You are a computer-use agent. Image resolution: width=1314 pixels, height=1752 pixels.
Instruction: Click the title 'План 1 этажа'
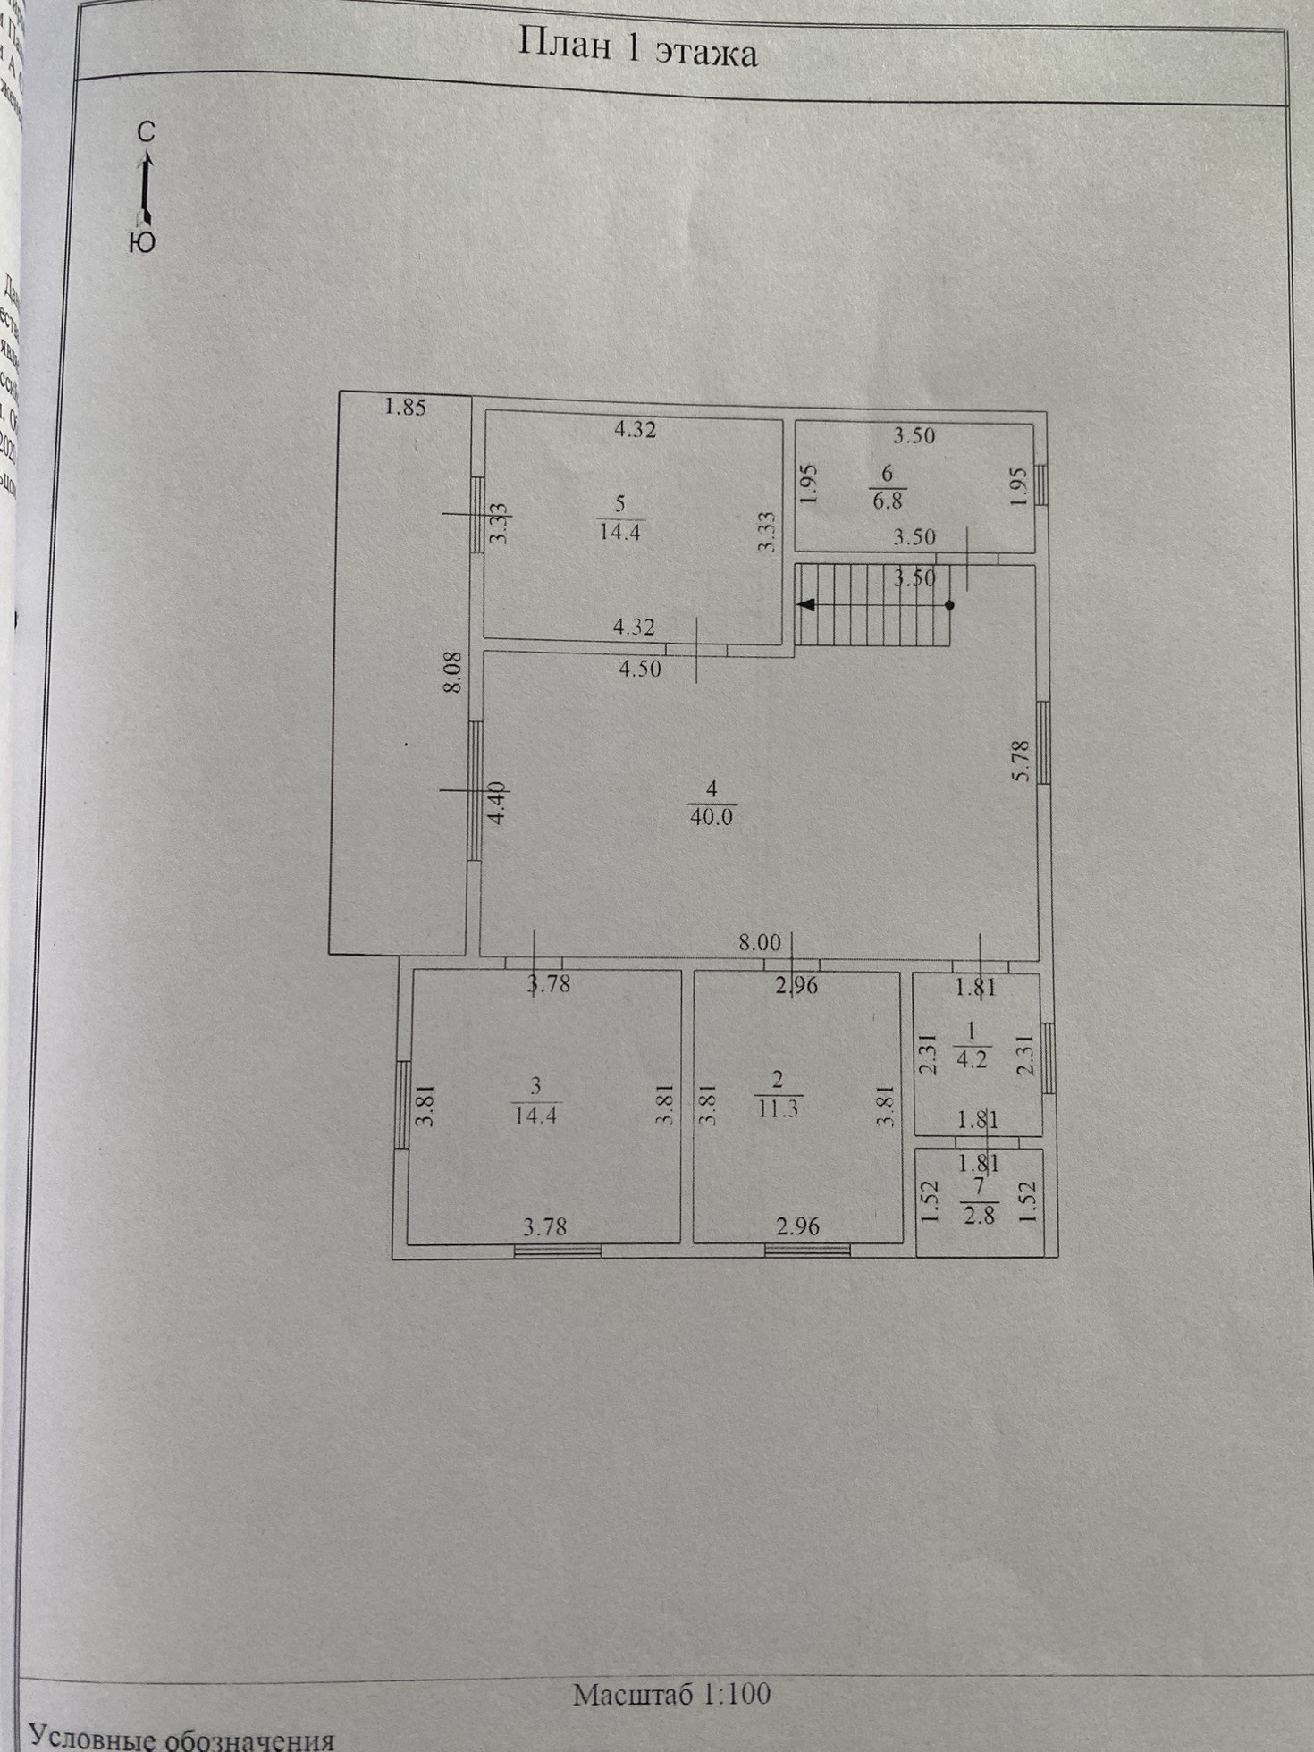637,50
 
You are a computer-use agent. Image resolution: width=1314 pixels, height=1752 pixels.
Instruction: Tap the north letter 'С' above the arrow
146,132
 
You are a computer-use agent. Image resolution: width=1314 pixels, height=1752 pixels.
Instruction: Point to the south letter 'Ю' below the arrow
142,242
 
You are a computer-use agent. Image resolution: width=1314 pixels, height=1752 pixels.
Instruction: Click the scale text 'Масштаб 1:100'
671,1694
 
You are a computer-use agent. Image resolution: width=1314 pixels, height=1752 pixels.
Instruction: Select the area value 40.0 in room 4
712,816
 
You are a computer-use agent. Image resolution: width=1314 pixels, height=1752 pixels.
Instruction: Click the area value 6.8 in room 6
887,500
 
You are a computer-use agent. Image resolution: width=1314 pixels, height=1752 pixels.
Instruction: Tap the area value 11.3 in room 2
778,1109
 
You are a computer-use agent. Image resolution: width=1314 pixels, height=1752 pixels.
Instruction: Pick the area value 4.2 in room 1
972,1060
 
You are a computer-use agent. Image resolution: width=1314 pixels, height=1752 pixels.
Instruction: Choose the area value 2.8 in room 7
979,1216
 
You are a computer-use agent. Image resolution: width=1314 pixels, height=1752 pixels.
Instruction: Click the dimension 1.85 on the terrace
405,408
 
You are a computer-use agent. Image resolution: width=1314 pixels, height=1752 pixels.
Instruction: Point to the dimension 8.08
453,671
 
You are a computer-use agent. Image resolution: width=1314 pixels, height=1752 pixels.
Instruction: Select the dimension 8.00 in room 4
759,942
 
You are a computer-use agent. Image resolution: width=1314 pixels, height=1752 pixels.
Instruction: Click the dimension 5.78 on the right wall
1021,762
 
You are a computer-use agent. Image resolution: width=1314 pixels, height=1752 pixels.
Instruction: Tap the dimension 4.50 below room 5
640,669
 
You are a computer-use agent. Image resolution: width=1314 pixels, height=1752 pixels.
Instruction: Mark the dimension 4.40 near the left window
497,803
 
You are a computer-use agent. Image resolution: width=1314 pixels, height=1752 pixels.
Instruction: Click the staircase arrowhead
807,604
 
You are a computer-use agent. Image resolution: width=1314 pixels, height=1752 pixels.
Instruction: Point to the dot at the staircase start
949,605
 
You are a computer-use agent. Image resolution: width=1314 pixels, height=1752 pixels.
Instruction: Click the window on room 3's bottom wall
557,1251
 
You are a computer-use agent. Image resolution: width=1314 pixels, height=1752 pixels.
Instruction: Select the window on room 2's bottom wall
807,1251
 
